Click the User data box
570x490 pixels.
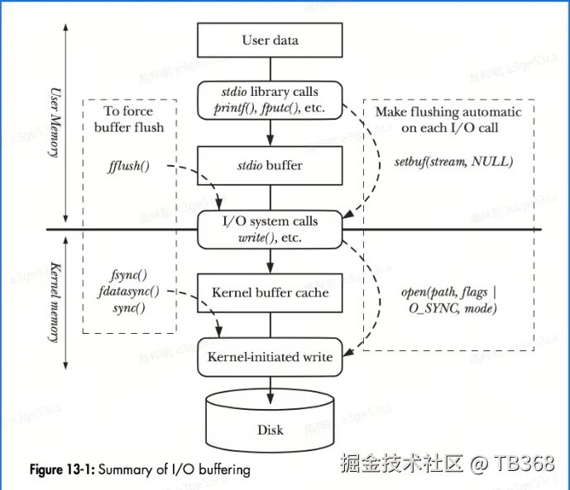coord(270,40)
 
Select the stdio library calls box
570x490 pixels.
coord(270,99)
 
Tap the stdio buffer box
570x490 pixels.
coord(270,165)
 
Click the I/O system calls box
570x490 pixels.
coord(270,229)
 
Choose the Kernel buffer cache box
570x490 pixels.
coord(270,293)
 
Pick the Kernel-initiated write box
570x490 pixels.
coord(270,357)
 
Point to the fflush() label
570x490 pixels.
coord(128,166)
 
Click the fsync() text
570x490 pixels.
coord(128,275)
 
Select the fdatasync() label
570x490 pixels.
coord(128,292)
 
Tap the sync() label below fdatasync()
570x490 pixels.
coord(128,308)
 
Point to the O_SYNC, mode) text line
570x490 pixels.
coord(449,308)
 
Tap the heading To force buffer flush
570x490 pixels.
coord(128,119)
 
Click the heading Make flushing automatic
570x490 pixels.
coord(448,112)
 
